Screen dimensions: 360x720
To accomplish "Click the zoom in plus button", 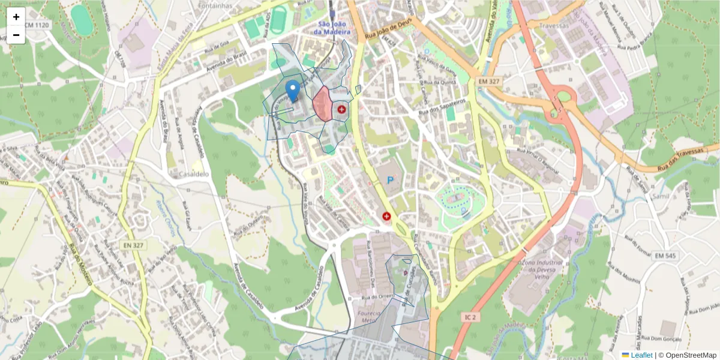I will point(16,17).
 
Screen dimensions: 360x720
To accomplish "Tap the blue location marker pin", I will point(292,92).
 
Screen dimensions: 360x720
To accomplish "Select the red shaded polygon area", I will point(322,104).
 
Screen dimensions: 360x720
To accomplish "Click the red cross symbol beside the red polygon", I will point(341,109).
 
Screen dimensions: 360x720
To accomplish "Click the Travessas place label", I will point(554,26).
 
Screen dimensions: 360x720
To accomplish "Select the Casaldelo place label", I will point(193,173).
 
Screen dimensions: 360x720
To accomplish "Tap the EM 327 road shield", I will point(490,80).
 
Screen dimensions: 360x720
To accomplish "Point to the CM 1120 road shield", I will point(38,25).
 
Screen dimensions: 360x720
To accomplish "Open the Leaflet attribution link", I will point(641,355).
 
